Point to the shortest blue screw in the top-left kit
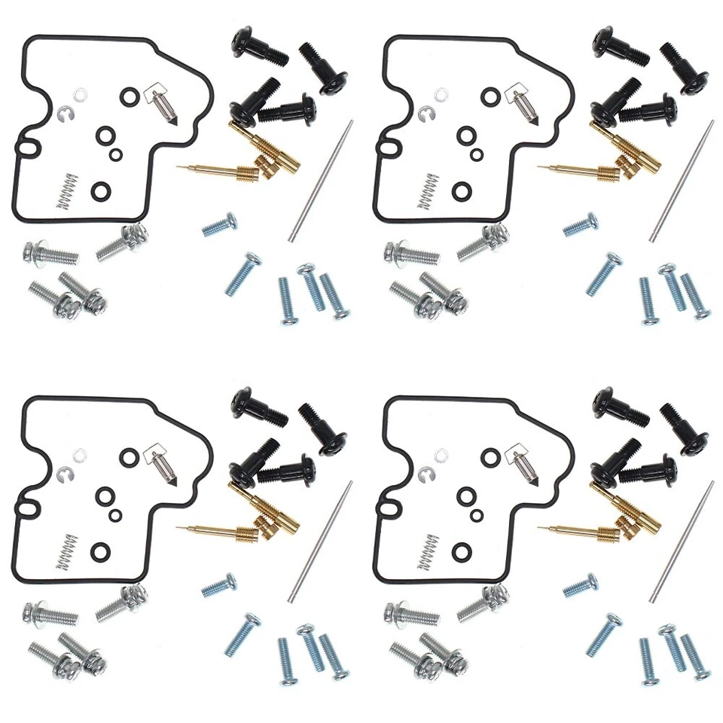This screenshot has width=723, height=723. pos(220,224)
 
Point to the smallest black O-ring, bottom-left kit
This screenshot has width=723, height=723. pos(115,514)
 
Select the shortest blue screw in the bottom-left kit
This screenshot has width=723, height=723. pos(220,585)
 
